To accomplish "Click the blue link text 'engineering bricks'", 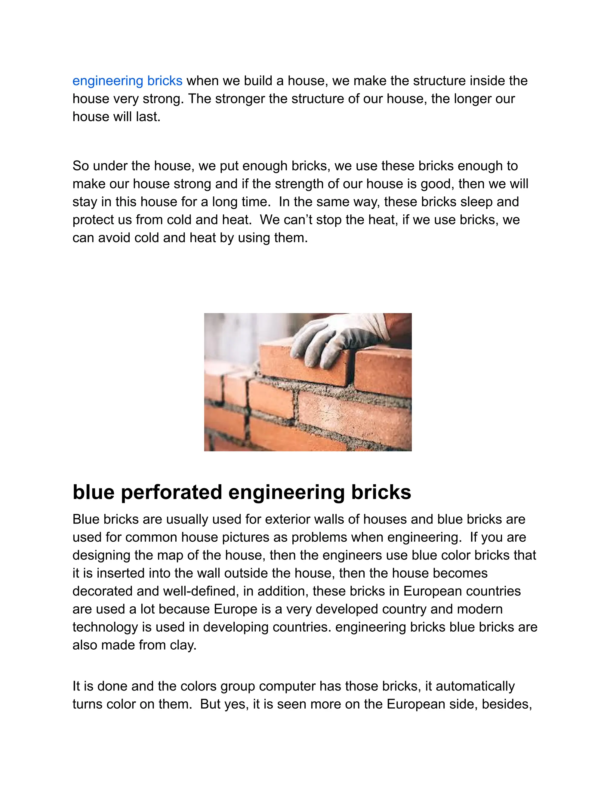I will click(127, 81).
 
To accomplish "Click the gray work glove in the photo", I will click(328, 343).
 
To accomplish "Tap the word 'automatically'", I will click(475, 686).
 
